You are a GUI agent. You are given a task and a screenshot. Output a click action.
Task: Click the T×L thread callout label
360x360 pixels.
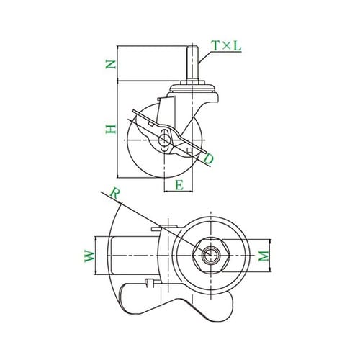click(226, 45)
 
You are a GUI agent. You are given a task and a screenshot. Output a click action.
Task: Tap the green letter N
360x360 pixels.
click(111, 64)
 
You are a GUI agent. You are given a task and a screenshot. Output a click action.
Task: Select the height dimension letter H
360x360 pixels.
click(111, 129)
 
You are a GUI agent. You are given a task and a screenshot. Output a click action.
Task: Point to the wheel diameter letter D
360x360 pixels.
click(208, 159)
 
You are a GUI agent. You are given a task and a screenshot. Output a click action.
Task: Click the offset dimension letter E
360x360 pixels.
click(179, 185)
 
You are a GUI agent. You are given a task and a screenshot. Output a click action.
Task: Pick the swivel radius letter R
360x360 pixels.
click(114, 194)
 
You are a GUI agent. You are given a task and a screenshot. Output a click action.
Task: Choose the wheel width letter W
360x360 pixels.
click(90, 256)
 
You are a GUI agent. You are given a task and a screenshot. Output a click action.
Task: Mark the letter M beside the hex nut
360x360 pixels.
click(264, 256)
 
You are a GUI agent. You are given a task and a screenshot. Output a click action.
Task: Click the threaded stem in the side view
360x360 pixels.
click(192, 63)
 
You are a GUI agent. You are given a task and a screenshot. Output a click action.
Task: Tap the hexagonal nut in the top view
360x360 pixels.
click(211, 256)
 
